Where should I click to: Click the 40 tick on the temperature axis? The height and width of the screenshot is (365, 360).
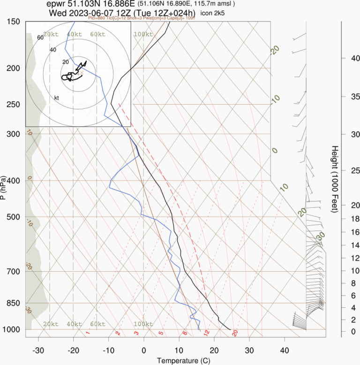click(x=285, y=350)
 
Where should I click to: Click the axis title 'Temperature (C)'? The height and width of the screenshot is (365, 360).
click(x=180, y=361)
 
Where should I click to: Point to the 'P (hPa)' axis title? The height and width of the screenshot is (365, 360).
click(x=4, y=188)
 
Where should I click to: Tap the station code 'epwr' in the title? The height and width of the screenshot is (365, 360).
click(x=58, y=4)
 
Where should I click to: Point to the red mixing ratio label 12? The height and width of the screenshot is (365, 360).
click(x=206, y=332)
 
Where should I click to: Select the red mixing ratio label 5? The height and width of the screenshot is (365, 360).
click(x=161, y=333)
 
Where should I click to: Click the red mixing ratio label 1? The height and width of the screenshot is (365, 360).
click(x=88, y=333)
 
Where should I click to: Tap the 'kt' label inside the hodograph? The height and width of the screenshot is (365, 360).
click(x=56, y=98)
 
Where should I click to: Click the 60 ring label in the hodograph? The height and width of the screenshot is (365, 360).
click(x=40, y=38)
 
